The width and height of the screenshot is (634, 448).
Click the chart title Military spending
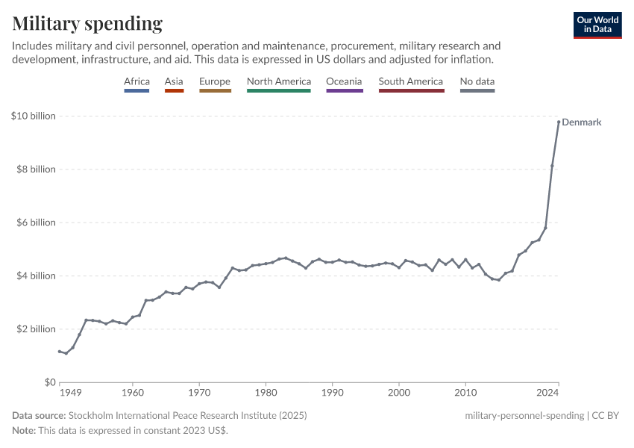87,23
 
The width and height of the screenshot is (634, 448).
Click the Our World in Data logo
597,25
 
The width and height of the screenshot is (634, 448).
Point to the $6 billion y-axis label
34,223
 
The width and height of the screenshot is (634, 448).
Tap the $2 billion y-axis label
34,329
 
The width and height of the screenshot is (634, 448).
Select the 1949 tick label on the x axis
70,391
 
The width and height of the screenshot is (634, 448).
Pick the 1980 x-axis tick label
266,391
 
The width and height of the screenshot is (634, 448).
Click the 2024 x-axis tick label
549,391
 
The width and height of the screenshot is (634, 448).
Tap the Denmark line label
581,122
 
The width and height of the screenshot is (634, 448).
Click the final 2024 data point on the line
559,122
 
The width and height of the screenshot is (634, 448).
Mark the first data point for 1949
60,352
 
